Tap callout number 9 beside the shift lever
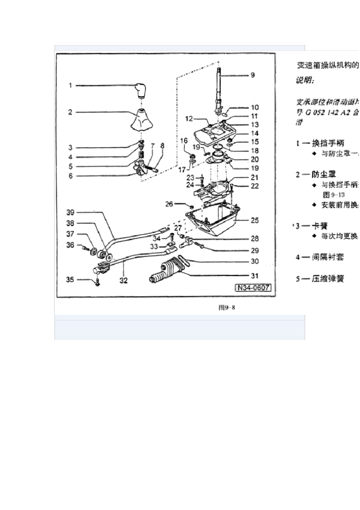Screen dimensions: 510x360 pyautogui.click(x=252, y=75)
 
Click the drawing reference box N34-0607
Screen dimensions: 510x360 pyautogui.click(x=254, y=288)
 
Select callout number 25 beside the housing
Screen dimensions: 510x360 pyautogui.click(x=255, y=220)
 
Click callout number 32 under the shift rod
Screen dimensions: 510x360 pyautogui.click(x=124, y=281)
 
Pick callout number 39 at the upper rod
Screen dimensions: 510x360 pyautogui.click(x=70, y=212)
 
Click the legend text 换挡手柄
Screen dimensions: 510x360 pyautogui.click(x=328, y=143)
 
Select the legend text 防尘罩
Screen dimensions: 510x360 pyautogui.click(x=324, y=174)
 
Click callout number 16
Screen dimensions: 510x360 pyautogui.click(x=184, y=141)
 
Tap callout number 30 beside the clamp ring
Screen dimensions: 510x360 pyautogui.click(x=255, y=261)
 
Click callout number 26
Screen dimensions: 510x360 pyautogui.click(x=169, y=204)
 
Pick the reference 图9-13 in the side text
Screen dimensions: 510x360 pyautogui.click(x=333, y=195)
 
